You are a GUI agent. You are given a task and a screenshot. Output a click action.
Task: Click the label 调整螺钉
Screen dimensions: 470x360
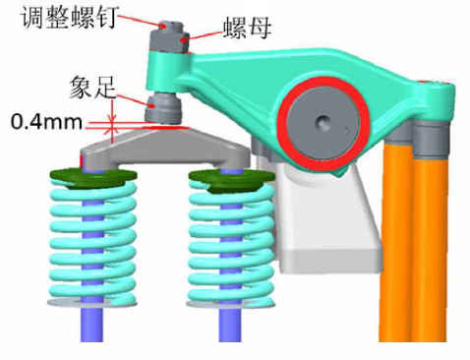pos(70,17)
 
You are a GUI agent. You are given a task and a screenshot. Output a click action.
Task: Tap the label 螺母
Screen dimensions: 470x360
pos(247,29)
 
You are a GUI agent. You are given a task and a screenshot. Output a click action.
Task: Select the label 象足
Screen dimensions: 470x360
pos(93,88)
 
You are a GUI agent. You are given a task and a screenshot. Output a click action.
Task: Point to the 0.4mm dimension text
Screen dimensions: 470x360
pos(46,122)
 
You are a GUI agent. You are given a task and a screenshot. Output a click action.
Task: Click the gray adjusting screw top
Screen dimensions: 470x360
pos(170,27)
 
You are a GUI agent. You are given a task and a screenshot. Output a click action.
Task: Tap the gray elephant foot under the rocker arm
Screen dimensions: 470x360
pos(163,107)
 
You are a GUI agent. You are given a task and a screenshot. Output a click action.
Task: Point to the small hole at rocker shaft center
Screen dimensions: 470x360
pos(323,123)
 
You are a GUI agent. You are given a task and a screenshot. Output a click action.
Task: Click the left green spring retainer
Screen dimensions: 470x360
pos(93,178)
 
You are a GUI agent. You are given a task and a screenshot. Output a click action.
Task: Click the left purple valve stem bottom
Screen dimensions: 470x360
pos(91,325)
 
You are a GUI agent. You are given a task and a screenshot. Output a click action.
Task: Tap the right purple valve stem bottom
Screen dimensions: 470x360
pos(231,325)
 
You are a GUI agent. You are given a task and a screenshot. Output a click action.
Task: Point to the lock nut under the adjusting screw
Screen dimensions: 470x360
pos(170,42)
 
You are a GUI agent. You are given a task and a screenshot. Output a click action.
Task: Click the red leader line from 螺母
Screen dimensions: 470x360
pos(204,35)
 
